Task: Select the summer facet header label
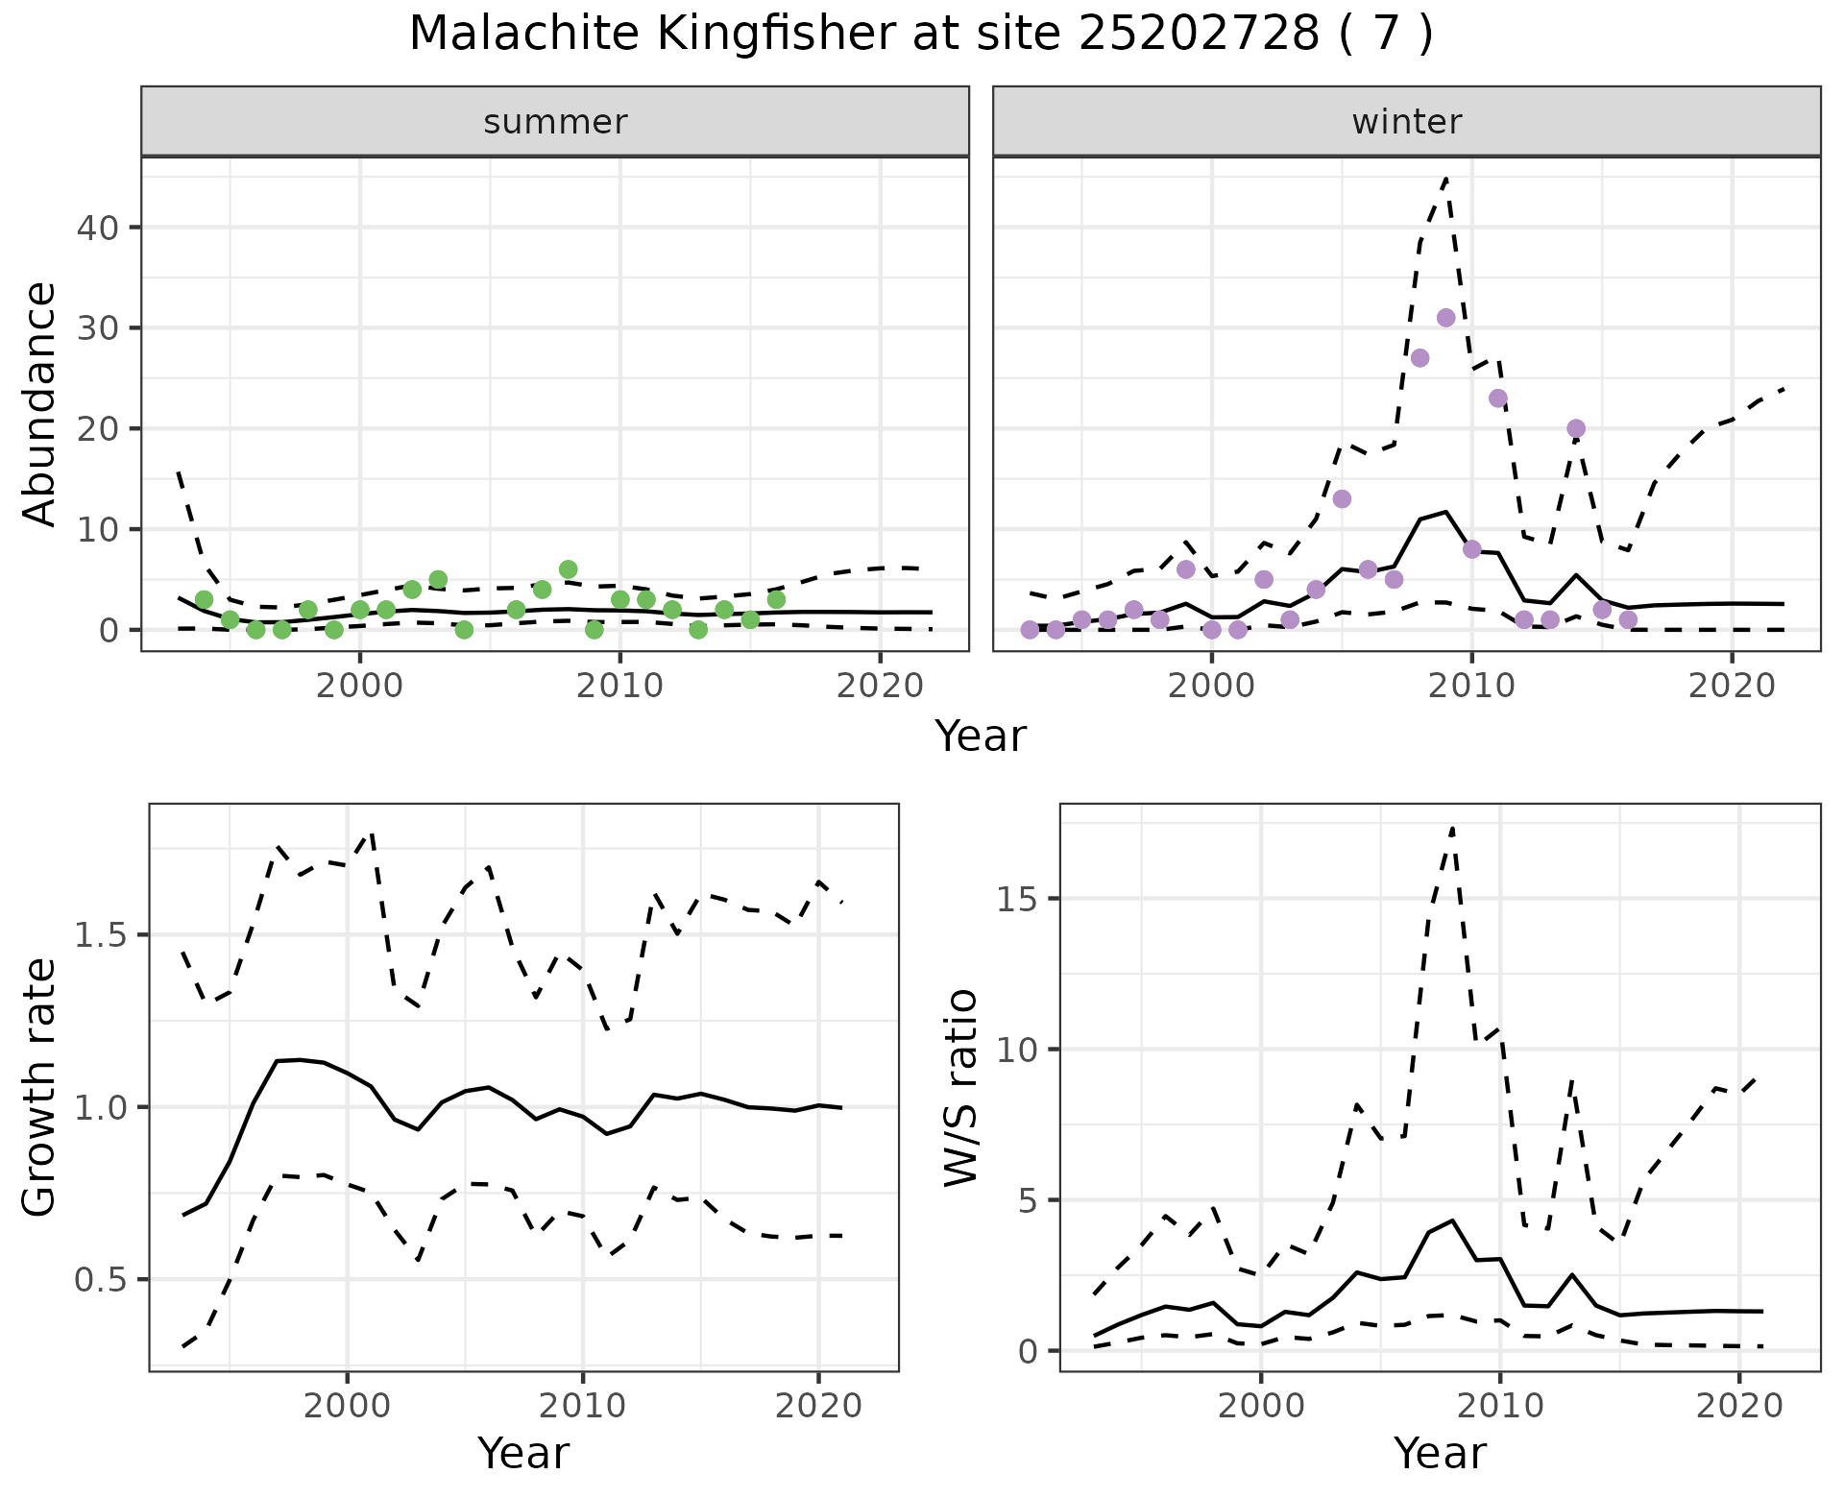coord(555,122)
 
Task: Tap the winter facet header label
coord(1406,122)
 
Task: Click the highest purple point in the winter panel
coord(1445,318)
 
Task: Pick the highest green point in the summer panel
coord(568,569)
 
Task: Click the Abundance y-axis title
coord(40,403)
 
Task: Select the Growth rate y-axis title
coord(40,1087)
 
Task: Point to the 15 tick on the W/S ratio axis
coord(1020,899)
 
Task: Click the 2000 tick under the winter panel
coord(1212,686)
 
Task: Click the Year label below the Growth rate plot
coord(523,1454)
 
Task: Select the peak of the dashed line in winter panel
coord(1445,178)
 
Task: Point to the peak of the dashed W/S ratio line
coord(1453,827)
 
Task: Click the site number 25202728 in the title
coord(1198,35)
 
